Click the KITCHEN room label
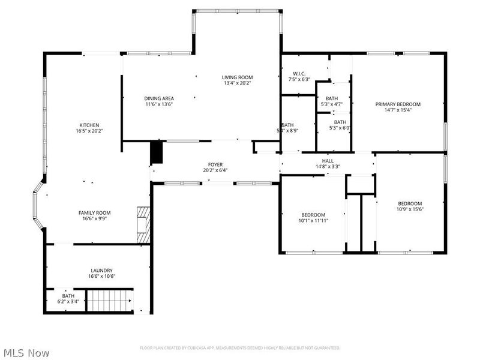(88, 125)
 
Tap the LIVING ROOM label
(237, 77)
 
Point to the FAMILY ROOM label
(95, 212)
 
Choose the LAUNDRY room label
(101, 270)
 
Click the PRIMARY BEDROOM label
(398, 104)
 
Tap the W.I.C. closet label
(299, 74)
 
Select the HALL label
(328, 160)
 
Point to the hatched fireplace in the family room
(142, 224)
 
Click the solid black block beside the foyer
(156, 152)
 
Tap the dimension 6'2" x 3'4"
(68, 301)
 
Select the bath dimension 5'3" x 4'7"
(332, 104)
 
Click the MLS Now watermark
(26, 353)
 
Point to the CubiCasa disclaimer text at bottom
(240, 348)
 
